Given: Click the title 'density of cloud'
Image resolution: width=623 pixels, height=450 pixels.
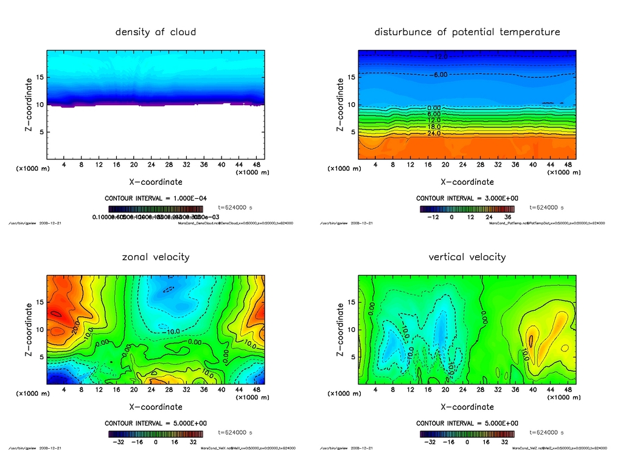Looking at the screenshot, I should point(156,32).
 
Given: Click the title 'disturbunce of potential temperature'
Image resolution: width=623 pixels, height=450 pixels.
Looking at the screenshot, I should point(467,32).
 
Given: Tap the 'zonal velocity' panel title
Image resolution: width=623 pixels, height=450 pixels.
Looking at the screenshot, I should point(156,257).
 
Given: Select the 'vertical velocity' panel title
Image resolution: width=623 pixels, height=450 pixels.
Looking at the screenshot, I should point(467,257).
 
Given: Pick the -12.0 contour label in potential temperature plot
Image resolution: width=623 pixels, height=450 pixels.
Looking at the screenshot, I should point(439,57).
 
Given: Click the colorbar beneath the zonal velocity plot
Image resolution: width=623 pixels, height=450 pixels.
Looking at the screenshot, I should point(156,434).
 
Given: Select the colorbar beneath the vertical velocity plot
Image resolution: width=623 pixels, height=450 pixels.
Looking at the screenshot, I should point(467,434).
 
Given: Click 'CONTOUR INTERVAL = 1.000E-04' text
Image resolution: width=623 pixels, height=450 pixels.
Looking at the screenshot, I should point(156,198).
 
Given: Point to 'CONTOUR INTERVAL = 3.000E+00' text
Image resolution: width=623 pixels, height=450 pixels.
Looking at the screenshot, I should point(467,198).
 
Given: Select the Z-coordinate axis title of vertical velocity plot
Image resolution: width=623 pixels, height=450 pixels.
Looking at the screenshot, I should point(340,329).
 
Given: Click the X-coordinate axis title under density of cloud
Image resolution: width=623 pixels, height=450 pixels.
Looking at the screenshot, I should point(156,181).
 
